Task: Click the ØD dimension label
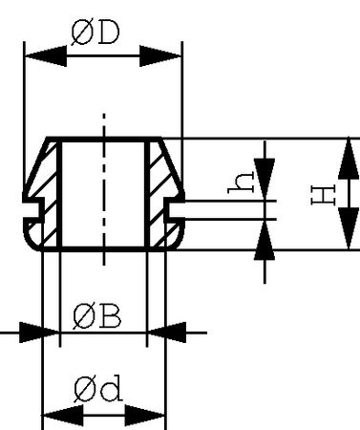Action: tap(95, 33)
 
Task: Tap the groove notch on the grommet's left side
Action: tap(32, 203)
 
